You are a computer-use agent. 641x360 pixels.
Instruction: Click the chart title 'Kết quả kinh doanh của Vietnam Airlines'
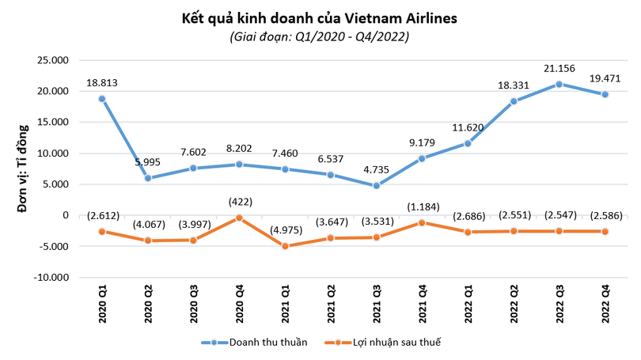pos(320,18)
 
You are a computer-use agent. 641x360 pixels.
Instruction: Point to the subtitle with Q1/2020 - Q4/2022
pos(320,36)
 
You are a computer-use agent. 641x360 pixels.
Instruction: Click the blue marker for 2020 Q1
pos(102,99)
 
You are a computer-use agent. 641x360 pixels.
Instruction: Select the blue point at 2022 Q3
pos(559,84)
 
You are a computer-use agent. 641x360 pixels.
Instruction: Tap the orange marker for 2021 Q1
pos(285,246)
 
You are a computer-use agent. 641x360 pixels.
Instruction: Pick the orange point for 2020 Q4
pos(239,218)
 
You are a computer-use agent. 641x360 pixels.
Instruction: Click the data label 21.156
pos(559,68)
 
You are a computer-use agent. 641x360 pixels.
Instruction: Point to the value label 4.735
pos(377,169)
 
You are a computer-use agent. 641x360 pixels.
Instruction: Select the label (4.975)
pos(285,231)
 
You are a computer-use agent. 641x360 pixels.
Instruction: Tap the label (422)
pos(239,202)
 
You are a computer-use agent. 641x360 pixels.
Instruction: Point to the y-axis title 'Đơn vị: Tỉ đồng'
pos(24,168)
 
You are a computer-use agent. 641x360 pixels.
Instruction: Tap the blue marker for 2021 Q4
pos(423,158)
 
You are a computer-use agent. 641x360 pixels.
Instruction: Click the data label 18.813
pos(102,82)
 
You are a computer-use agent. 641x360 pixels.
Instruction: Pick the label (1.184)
pos(423,207)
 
